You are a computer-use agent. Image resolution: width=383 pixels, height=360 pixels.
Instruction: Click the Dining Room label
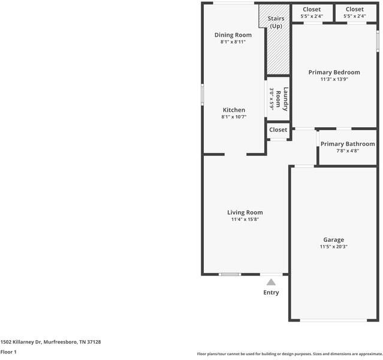click(x=233, y=35)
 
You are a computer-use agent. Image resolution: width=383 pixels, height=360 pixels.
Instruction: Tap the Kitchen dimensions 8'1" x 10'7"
click(x=234, y=117)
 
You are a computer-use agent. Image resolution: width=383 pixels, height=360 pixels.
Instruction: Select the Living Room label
click(x=245, y=212)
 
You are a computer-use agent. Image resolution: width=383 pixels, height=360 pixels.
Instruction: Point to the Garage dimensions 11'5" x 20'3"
click(x=334, y=247)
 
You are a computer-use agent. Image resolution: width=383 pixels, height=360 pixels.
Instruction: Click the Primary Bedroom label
click(x=334, y=73)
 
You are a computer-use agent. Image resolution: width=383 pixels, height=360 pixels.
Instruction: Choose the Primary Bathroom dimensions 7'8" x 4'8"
click(x=348, y=151)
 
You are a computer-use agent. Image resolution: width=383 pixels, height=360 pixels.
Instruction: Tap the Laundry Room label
click(x=282, y=99)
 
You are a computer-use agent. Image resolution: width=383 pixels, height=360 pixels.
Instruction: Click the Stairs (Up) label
click(x=276, y=22)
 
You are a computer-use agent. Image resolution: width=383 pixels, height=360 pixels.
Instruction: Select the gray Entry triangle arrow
click(x=271, y=282)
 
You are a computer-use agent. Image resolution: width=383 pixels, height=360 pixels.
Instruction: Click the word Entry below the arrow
click(x=271, y=293)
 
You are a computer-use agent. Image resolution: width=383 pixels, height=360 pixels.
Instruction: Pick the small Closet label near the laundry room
click(x=278, y=130)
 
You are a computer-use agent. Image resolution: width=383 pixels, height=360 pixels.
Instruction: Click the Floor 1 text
click(x=8, y=352)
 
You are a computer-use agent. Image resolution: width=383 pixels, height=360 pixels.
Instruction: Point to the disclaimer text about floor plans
click(x=289, y=353)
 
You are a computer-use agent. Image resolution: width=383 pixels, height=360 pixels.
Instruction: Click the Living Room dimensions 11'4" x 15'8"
click(x=245, y=220)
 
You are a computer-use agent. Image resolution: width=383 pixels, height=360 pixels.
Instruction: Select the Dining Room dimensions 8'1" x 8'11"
click(x=233, y=42)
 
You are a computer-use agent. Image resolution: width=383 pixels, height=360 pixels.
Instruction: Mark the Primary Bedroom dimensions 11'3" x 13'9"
click(x=334, y=79)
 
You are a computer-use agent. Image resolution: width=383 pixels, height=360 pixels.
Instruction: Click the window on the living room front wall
click(x=230, y=274)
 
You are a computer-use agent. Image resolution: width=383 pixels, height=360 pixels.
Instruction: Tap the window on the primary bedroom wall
click(x=378, y=41)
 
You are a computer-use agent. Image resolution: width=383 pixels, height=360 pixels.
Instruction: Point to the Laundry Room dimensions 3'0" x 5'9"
click(x=272, y=99)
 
